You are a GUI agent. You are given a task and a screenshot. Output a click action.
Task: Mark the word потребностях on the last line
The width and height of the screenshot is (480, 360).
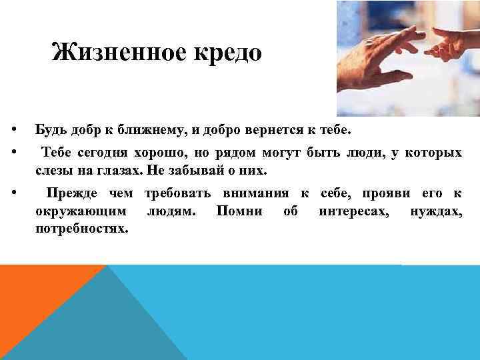[81, 229]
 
